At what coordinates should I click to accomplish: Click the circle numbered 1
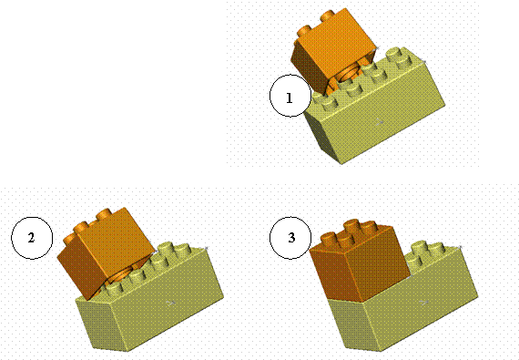pos(290,96)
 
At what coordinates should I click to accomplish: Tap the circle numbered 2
pos(32,238)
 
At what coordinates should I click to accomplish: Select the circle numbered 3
pos(290,238)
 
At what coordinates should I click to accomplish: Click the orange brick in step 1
pos(333,51)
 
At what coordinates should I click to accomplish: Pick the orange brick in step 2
pos(106,252)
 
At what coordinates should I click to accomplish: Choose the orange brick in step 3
pos(359,260)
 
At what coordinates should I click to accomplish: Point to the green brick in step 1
pos(377,109)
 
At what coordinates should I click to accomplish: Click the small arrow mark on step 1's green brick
pos(380,122)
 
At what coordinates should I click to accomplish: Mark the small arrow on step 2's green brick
pos(171,303)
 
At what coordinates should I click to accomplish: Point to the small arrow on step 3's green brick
pos(424,302)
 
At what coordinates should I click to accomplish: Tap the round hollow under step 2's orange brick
pos(121,276)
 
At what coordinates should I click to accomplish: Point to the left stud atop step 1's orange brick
pos(305,32)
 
